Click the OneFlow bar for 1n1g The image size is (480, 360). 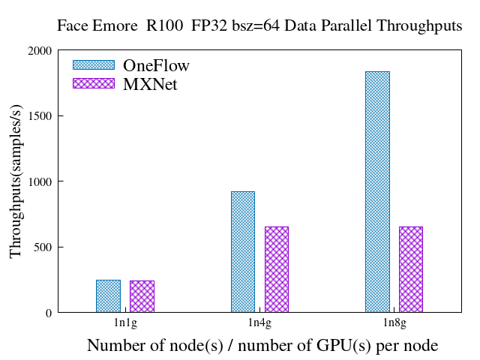click(x=108, y=296)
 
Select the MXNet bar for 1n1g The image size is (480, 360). click(x=142, y=296)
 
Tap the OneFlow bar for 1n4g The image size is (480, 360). click(x=242, y=252)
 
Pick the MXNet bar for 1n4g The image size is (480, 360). click(x=276, y=269)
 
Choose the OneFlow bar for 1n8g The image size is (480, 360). click(x=377, y=192)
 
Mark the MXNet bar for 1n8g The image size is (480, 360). click(x=410, y=269)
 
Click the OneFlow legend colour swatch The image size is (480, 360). click(x=94, y=65)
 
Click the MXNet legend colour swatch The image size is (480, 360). click(x=94, y=83)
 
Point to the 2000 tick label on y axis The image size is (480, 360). click(x=39, y=51)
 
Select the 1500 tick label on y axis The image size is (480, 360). click(x=39, y=116)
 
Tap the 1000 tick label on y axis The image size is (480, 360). click(x=39, y=181)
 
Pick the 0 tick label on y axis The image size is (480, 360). click(x=48, y=313)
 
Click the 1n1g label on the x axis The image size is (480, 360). click(x=124, y=323)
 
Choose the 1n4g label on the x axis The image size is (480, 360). click(x=259, y=323)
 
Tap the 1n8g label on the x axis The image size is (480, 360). click(x=394, y=323)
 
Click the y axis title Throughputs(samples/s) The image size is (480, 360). click(x=16, y=182)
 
